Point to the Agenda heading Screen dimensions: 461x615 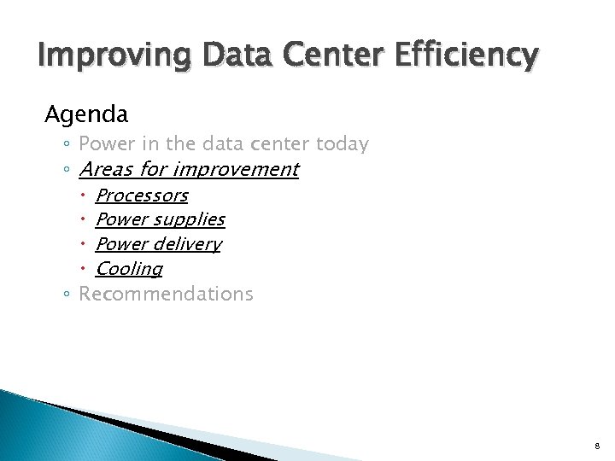(x=86, y=114)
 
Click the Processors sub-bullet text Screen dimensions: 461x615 (x=141, y=195)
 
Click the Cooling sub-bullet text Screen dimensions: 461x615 (x=129, y=269)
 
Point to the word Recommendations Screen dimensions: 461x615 (x=166, y=294)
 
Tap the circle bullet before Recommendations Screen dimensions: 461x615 (x=67, y=295)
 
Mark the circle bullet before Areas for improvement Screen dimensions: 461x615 (x=67, y=170)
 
